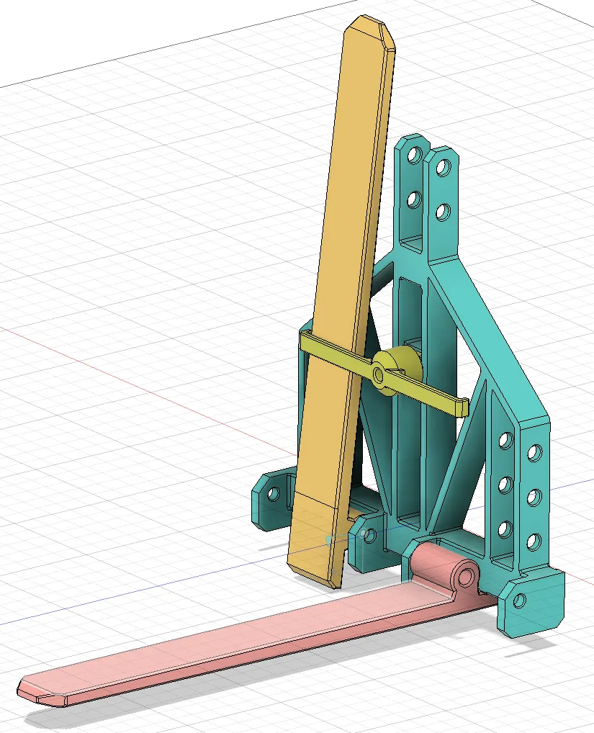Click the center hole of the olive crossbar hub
379,374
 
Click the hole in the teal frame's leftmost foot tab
274,494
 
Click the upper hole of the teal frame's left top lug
414,155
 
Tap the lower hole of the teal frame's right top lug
443,211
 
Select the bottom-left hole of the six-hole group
504,529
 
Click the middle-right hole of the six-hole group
534,497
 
